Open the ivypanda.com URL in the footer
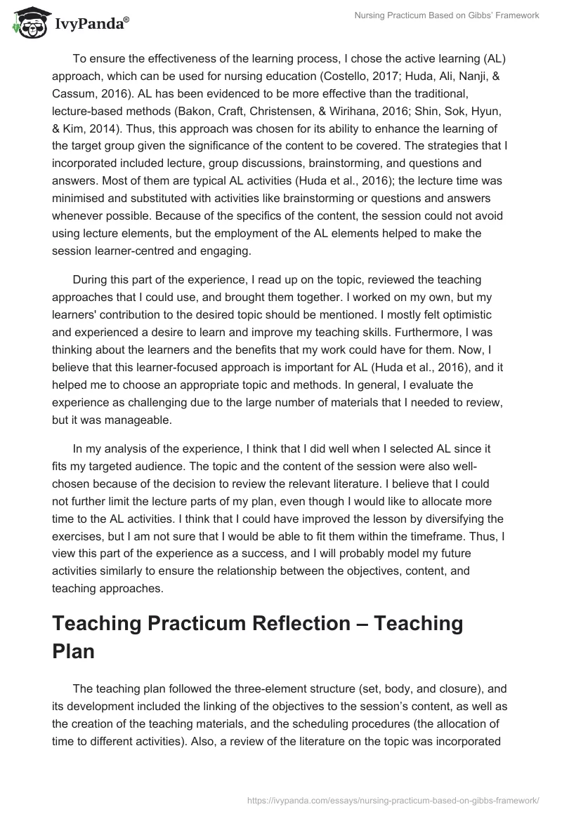[393, 799]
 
